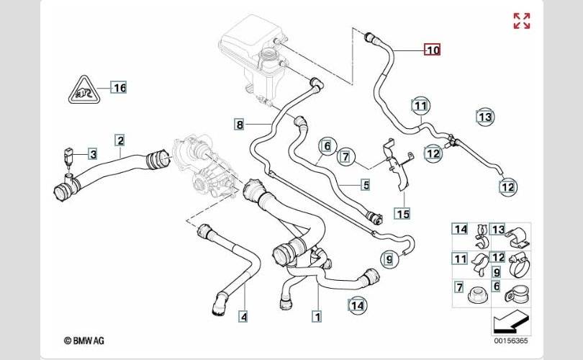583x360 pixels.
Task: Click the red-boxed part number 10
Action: click(432, 50)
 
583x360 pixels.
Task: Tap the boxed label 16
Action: click(119, 88)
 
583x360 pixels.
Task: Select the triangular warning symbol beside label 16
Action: click(84, 89)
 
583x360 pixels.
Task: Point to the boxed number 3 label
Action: click(93, 153)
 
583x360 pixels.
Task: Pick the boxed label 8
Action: click(240, 125)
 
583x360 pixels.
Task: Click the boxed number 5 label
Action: click(366, 186)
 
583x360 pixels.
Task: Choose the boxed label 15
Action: click(402, 213)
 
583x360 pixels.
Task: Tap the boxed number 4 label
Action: click(243, 316)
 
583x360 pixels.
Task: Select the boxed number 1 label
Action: click(315, 315)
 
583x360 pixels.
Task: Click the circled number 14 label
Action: click(356, 306)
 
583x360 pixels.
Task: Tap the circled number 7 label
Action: click(345, 156)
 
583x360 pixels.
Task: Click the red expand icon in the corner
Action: click(521, 21)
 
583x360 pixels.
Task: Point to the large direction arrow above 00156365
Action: click(510, 320)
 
